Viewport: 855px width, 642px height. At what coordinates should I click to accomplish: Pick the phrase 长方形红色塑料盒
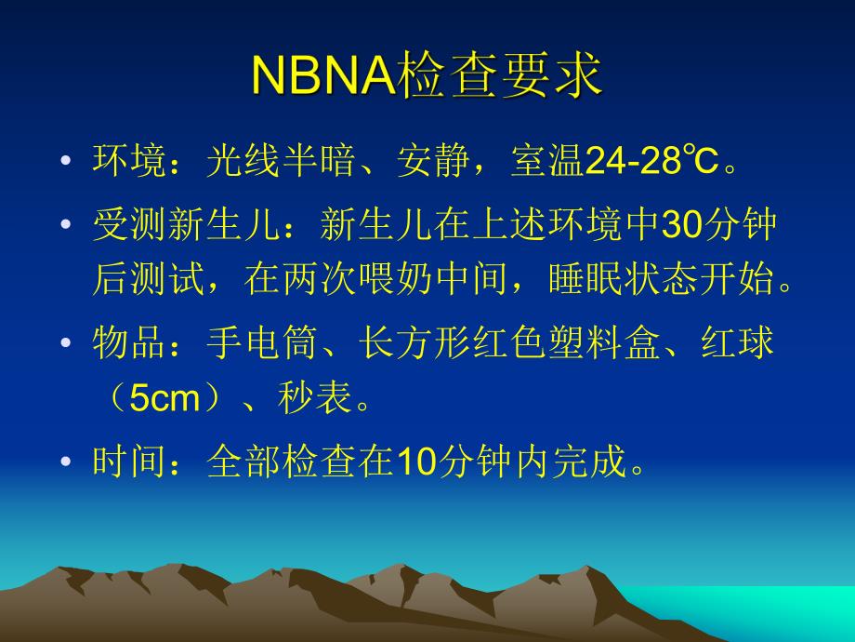coord(493,344)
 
